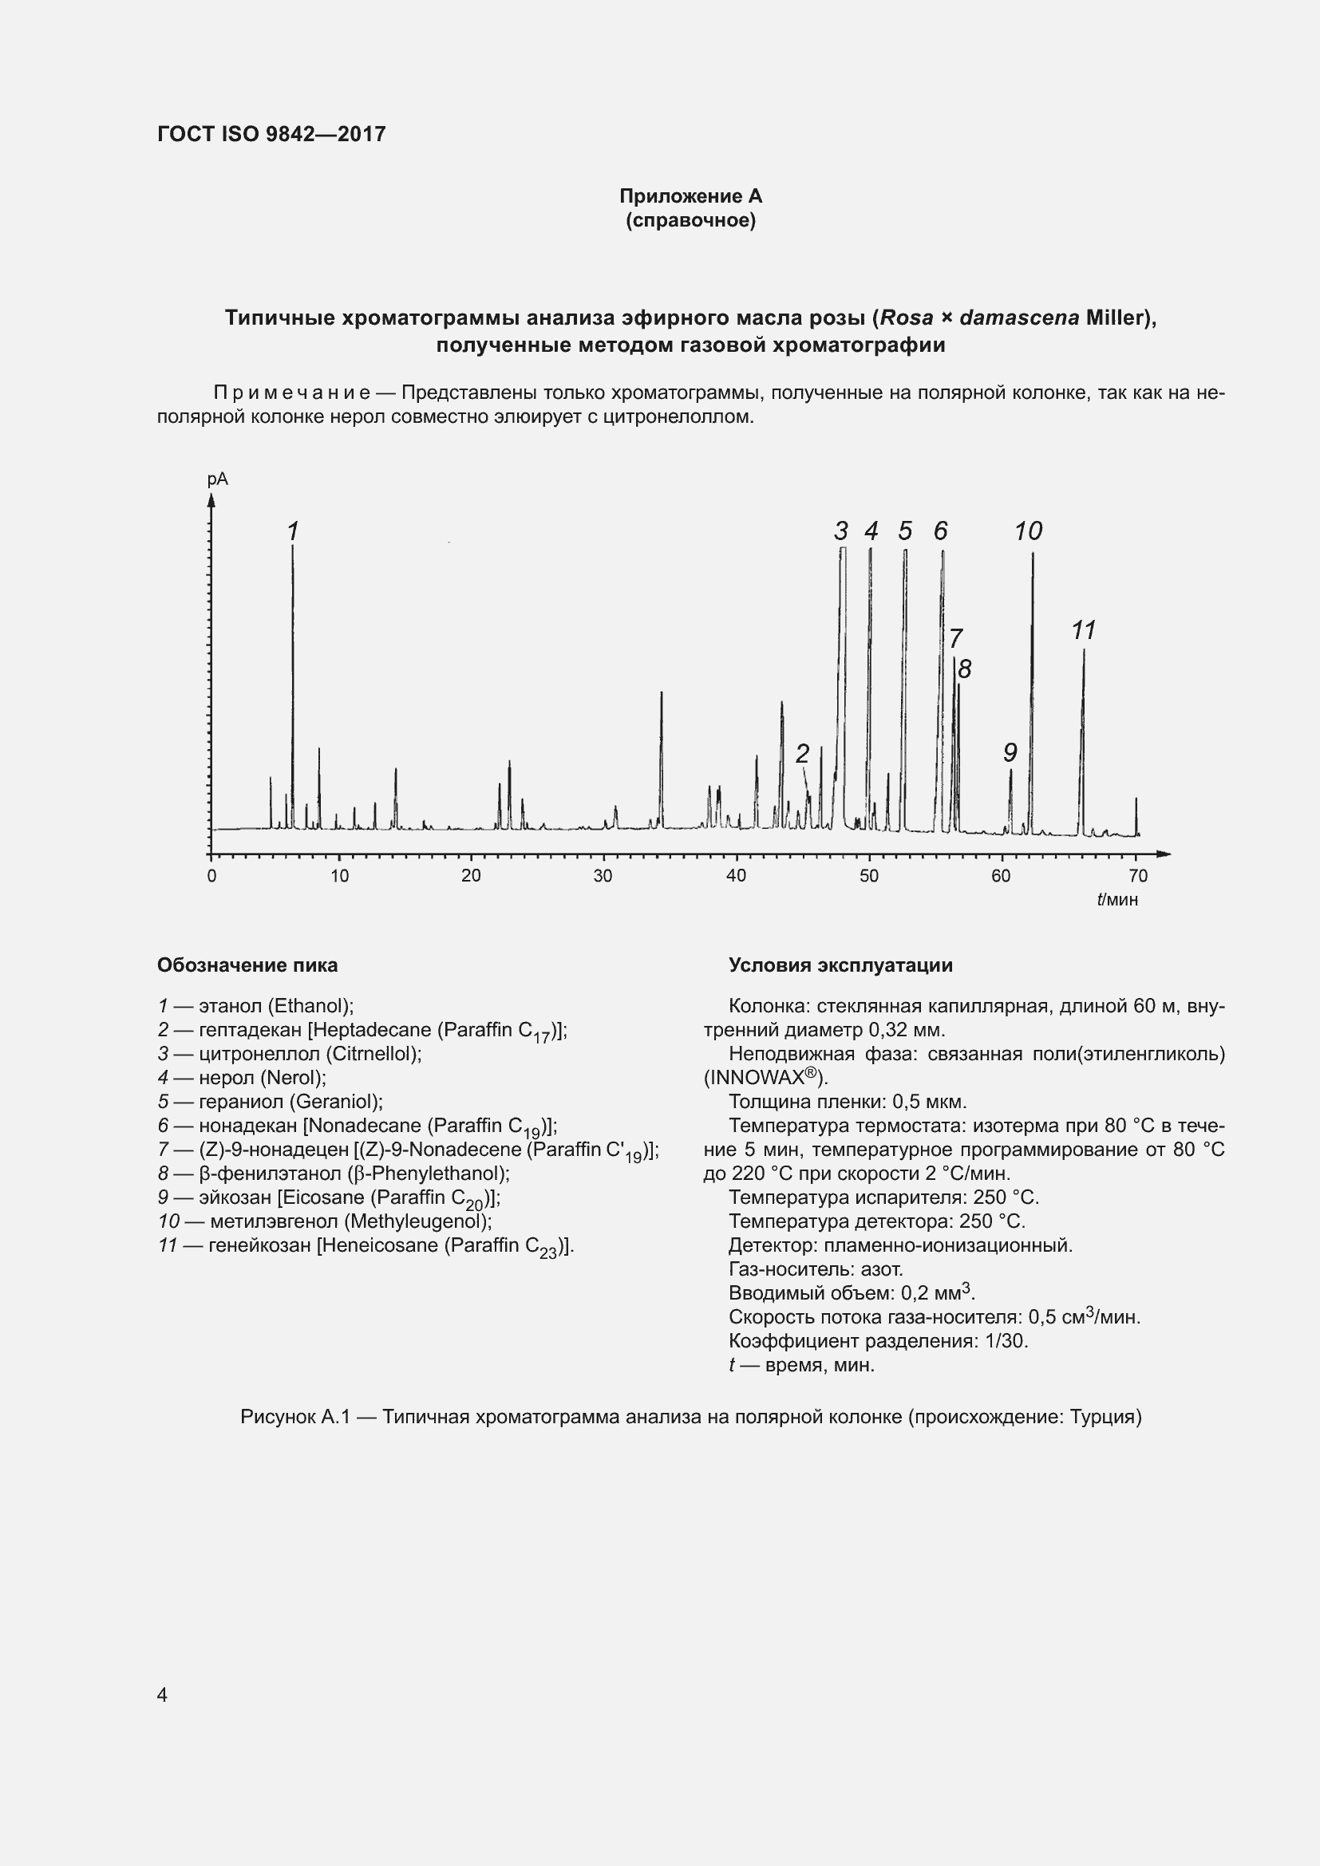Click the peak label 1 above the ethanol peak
294,531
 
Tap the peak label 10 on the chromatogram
1027,531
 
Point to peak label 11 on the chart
1084,630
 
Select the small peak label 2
802,753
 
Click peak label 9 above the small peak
1010,752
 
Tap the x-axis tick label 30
603,876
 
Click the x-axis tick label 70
1138,876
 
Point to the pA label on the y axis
218,479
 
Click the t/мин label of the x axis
1116,900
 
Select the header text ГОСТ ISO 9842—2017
271,134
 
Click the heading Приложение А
690,196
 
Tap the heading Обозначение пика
247,965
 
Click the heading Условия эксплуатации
840,965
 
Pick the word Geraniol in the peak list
337,1101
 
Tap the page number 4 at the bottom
163,1694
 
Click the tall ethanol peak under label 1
293,691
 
